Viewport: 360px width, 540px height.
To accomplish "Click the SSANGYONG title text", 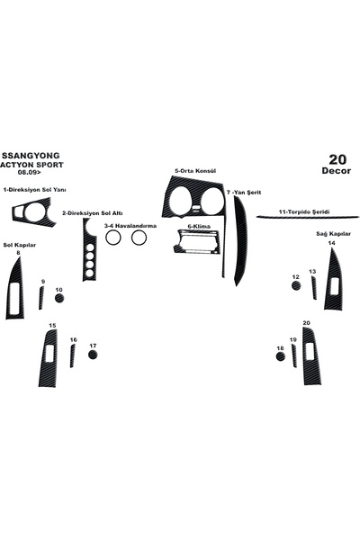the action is coord(31,156).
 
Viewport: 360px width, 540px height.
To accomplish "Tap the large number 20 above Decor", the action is coord(337,159).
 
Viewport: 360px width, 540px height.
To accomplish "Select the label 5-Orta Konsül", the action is coord(195,171).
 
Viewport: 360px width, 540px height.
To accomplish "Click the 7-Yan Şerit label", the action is coord(244,193).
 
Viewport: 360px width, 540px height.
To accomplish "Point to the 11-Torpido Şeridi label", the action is coord(304,212).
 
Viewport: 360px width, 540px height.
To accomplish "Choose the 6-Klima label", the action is coord(199,227).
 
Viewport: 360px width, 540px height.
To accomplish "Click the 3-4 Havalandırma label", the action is coord(130,226).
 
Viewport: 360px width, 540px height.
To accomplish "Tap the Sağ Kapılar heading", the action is coord(334,234).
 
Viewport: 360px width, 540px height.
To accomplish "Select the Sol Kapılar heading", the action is coord(20,245).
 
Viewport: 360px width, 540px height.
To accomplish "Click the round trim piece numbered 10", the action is coord(59,298).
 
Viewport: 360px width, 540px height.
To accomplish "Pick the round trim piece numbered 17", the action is coord(93,355).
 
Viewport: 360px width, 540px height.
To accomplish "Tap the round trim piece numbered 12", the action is coord(296,285).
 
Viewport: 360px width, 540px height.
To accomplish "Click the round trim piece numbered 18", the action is coord(281,356).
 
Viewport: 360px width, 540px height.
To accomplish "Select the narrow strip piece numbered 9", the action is coord(41,298).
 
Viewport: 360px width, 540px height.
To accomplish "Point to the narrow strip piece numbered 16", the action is coord(72,355).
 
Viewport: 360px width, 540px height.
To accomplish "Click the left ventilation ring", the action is coord(112,238).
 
